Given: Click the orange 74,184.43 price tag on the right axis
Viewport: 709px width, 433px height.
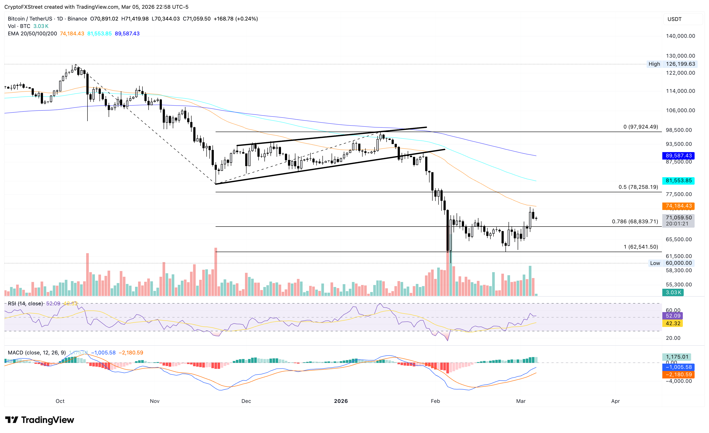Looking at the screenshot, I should (x=678, y=206).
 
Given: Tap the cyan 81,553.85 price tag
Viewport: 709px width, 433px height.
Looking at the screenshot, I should (x=678, y=180).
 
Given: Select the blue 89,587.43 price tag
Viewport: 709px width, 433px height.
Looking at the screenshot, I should (x=678, y=155).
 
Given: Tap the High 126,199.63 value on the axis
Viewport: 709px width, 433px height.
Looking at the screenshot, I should (x=680, y=64).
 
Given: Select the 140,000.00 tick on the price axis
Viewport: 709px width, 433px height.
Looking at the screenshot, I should (x=680, y=36).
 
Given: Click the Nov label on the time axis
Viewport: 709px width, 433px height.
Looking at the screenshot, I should (x=154, y=401).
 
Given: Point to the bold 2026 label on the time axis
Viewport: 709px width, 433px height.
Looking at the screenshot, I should (x=341, y=401).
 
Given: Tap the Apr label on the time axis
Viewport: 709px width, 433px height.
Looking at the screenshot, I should (x=615, y=401).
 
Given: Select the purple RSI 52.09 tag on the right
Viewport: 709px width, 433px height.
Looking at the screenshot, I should (x=673, y=316).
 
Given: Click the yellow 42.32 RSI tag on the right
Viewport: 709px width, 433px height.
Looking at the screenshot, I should (x=673, y=323).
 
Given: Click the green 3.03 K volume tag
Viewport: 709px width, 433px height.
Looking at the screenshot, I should (x=673, y=292).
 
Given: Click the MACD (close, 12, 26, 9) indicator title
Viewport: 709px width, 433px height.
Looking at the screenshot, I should (x=37, y=353).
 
